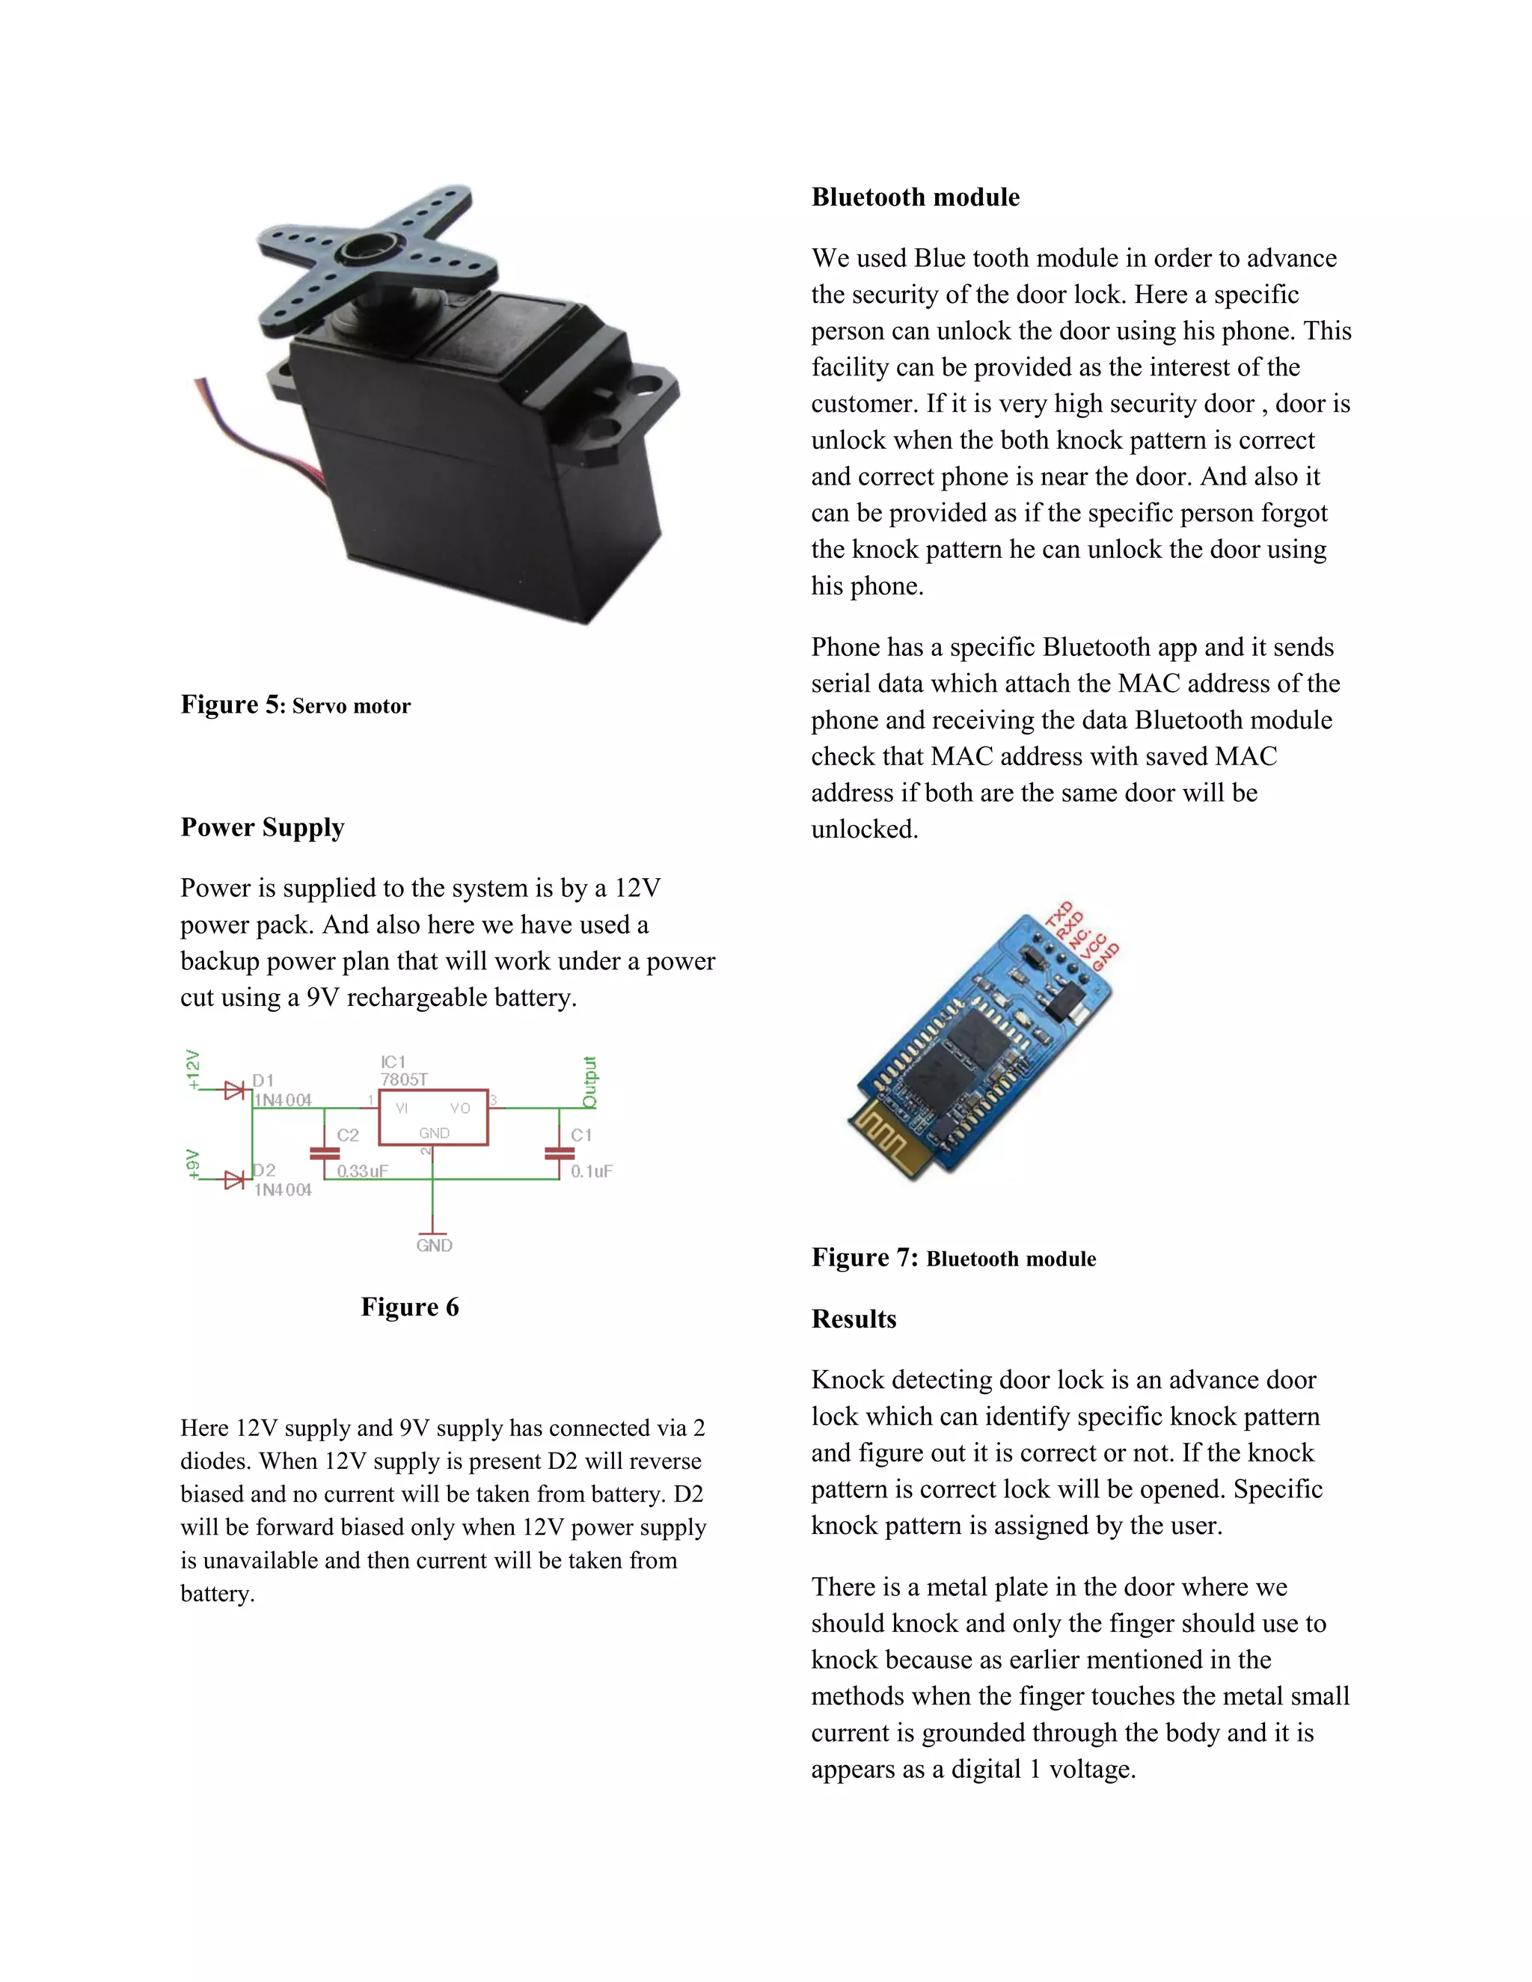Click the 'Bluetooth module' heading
coord(915,197)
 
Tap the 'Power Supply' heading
coord(263,826)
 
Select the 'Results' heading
coord(853,1319)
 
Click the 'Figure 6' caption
coord(409,1306)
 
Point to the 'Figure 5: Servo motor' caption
coord(295,705)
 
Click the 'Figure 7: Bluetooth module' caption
coord(953,1258)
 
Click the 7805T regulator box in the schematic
coord(433,1117)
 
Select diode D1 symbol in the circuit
coord(234,1090)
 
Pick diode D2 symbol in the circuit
coord(234,1179)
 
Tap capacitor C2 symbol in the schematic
coord(324,1153)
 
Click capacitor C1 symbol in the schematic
coord(559,1153)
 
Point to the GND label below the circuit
coord(434,1245)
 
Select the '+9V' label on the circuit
coord(192,1165)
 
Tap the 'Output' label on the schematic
coord(589,1081)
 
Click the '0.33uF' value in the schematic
coord(362,1171)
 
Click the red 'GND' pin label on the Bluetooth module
coord(1106,957)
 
